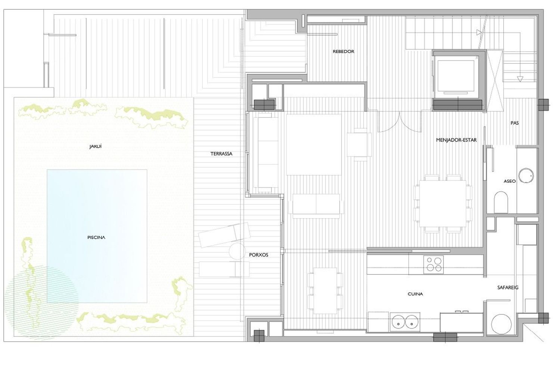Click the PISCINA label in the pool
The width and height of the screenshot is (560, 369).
tap(96, 238)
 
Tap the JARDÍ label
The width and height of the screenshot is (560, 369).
tap(95, 146)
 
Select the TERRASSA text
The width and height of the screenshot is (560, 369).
tap(221, 154)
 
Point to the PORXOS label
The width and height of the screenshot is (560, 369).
tap(258, 255)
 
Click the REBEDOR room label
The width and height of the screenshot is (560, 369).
tap(343, 52)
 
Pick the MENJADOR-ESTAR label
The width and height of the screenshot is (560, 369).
tap(456, 140)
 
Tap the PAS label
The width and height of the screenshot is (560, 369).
tap(514, 123)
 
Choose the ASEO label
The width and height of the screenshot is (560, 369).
tap(510, 181)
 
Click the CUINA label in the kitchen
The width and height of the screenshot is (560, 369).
tap(415, 294)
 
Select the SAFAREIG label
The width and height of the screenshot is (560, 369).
tap(508, 288)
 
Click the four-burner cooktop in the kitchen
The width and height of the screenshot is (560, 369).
tap(433, 265)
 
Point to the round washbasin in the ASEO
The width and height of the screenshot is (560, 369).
tap(526, 176)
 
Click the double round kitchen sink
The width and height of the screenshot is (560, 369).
tap(405, 322)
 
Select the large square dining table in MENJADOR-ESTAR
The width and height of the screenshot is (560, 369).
tap(443, 204)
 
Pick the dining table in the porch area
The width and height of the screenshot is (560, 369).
tap(325, 291)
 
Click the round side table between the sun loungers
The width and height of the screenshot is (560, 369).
tap(237, 251)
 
